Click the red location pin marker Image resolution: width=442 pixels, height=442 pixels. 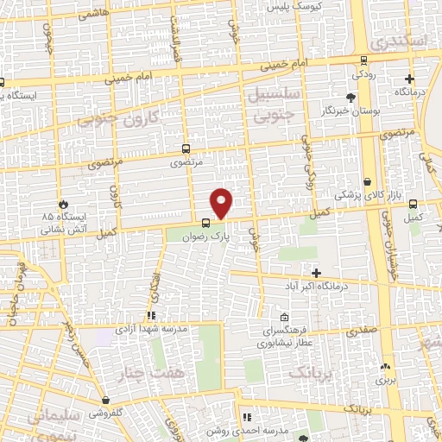point(222,203)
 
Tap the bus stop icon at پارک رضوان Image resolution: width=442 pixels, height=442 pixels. point(205,222)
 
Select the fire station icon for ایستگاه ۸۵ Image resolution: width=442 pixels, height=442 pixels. point(61,205)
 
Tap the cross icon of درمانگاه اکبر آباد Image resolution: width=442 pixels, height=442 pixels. point(316,273)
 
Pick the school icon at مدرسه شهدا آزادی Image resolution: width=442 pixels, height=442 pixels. point(150,316)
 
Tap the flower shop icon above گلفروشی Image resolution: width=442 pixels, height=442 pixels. point(105,401)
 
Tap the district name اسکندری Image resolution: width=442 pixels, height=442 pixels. point(396,41)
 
